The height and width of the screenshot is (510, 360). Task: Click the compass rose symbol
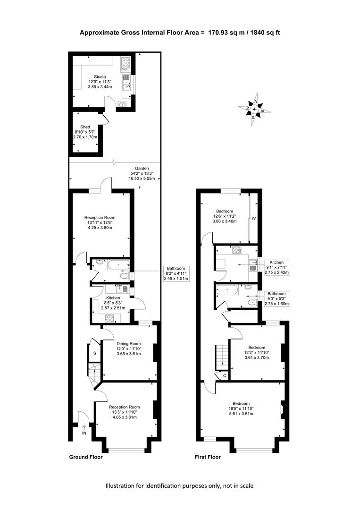(x=254, y=109)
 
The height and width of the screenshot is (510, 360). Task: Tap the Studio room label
(x=100, y=82)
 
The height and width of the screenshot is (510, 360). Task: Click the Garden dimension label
(x=142, y=173)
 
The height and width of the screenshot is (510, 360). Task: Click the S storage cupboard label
(x=94, y=353)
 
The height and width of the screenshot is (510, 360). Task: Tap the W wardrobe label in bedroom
(x=254, y=218)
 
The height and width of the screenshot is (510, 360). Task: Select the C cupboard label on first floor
(x=225, y=376)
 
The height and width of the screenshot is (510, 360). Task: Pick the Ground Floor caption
(x=86, y=457)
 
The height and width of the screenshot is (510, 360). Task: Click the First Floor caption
(x=208, y=457)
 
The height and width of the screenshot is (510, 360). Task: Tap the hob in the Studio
(x=126, y=64)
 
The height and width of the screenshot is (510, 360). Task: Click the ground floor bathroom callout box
(x=176, y=273)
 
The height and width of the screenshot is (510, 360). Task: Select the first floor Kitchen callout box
(x=276, y=267)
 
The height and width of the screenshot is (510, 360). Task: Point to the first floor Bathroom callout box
(x=276, y=298)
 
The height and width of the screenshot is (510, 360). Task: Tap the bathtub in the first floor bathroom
(x=229, y=290)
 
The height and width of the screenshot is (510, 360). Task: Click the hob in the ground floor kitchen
(x=109, y=318)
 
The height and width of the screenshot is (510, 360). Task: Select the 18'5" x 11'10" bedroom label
(x=241, y=408)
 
